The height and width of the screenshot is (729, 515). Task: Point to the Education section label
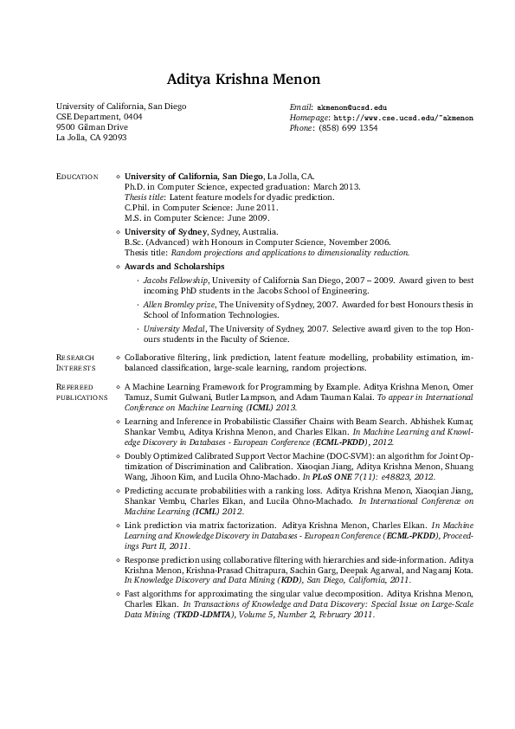pyautogui.click(x=77, y=177)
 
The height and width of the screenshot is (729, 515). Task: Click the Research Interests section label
pyautogui.click(x=75, y=362)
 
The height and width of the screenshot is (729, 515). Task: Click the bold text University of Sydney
pyautogui.click(x=165, y=232)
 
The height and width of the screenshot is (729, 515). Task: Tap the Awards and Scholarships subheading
pyautogui.click(x=175, y=267)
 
